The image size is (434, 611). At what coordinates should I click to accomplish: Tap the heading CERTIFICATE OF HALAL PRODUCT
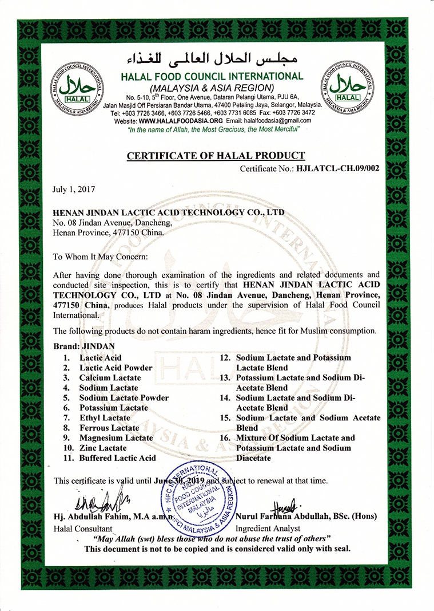click(x=216, y=156)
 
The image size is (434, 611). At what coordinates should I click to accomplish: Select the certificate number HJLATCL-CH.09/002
click(x=336, y=169)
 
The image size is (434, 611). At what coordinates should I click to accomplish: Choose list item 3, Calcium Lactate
click(x=110, y=378)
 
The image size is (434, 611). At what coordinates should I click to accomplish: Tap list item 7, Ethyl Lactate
click(x=105, y=418)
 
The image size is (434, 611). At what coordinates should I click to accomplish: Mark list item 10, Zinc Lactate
click(x=103, y=448)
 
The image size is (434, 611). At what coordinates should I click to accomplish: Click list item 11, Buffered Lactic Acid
click(x=117, y=458)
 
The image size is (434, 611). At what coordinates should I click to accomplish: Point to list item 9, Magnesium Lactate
click(x=116, y=438)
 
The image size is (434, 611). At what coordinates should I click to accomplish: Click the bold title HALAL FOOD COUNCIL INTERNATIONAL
click(x=212, y=76)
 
